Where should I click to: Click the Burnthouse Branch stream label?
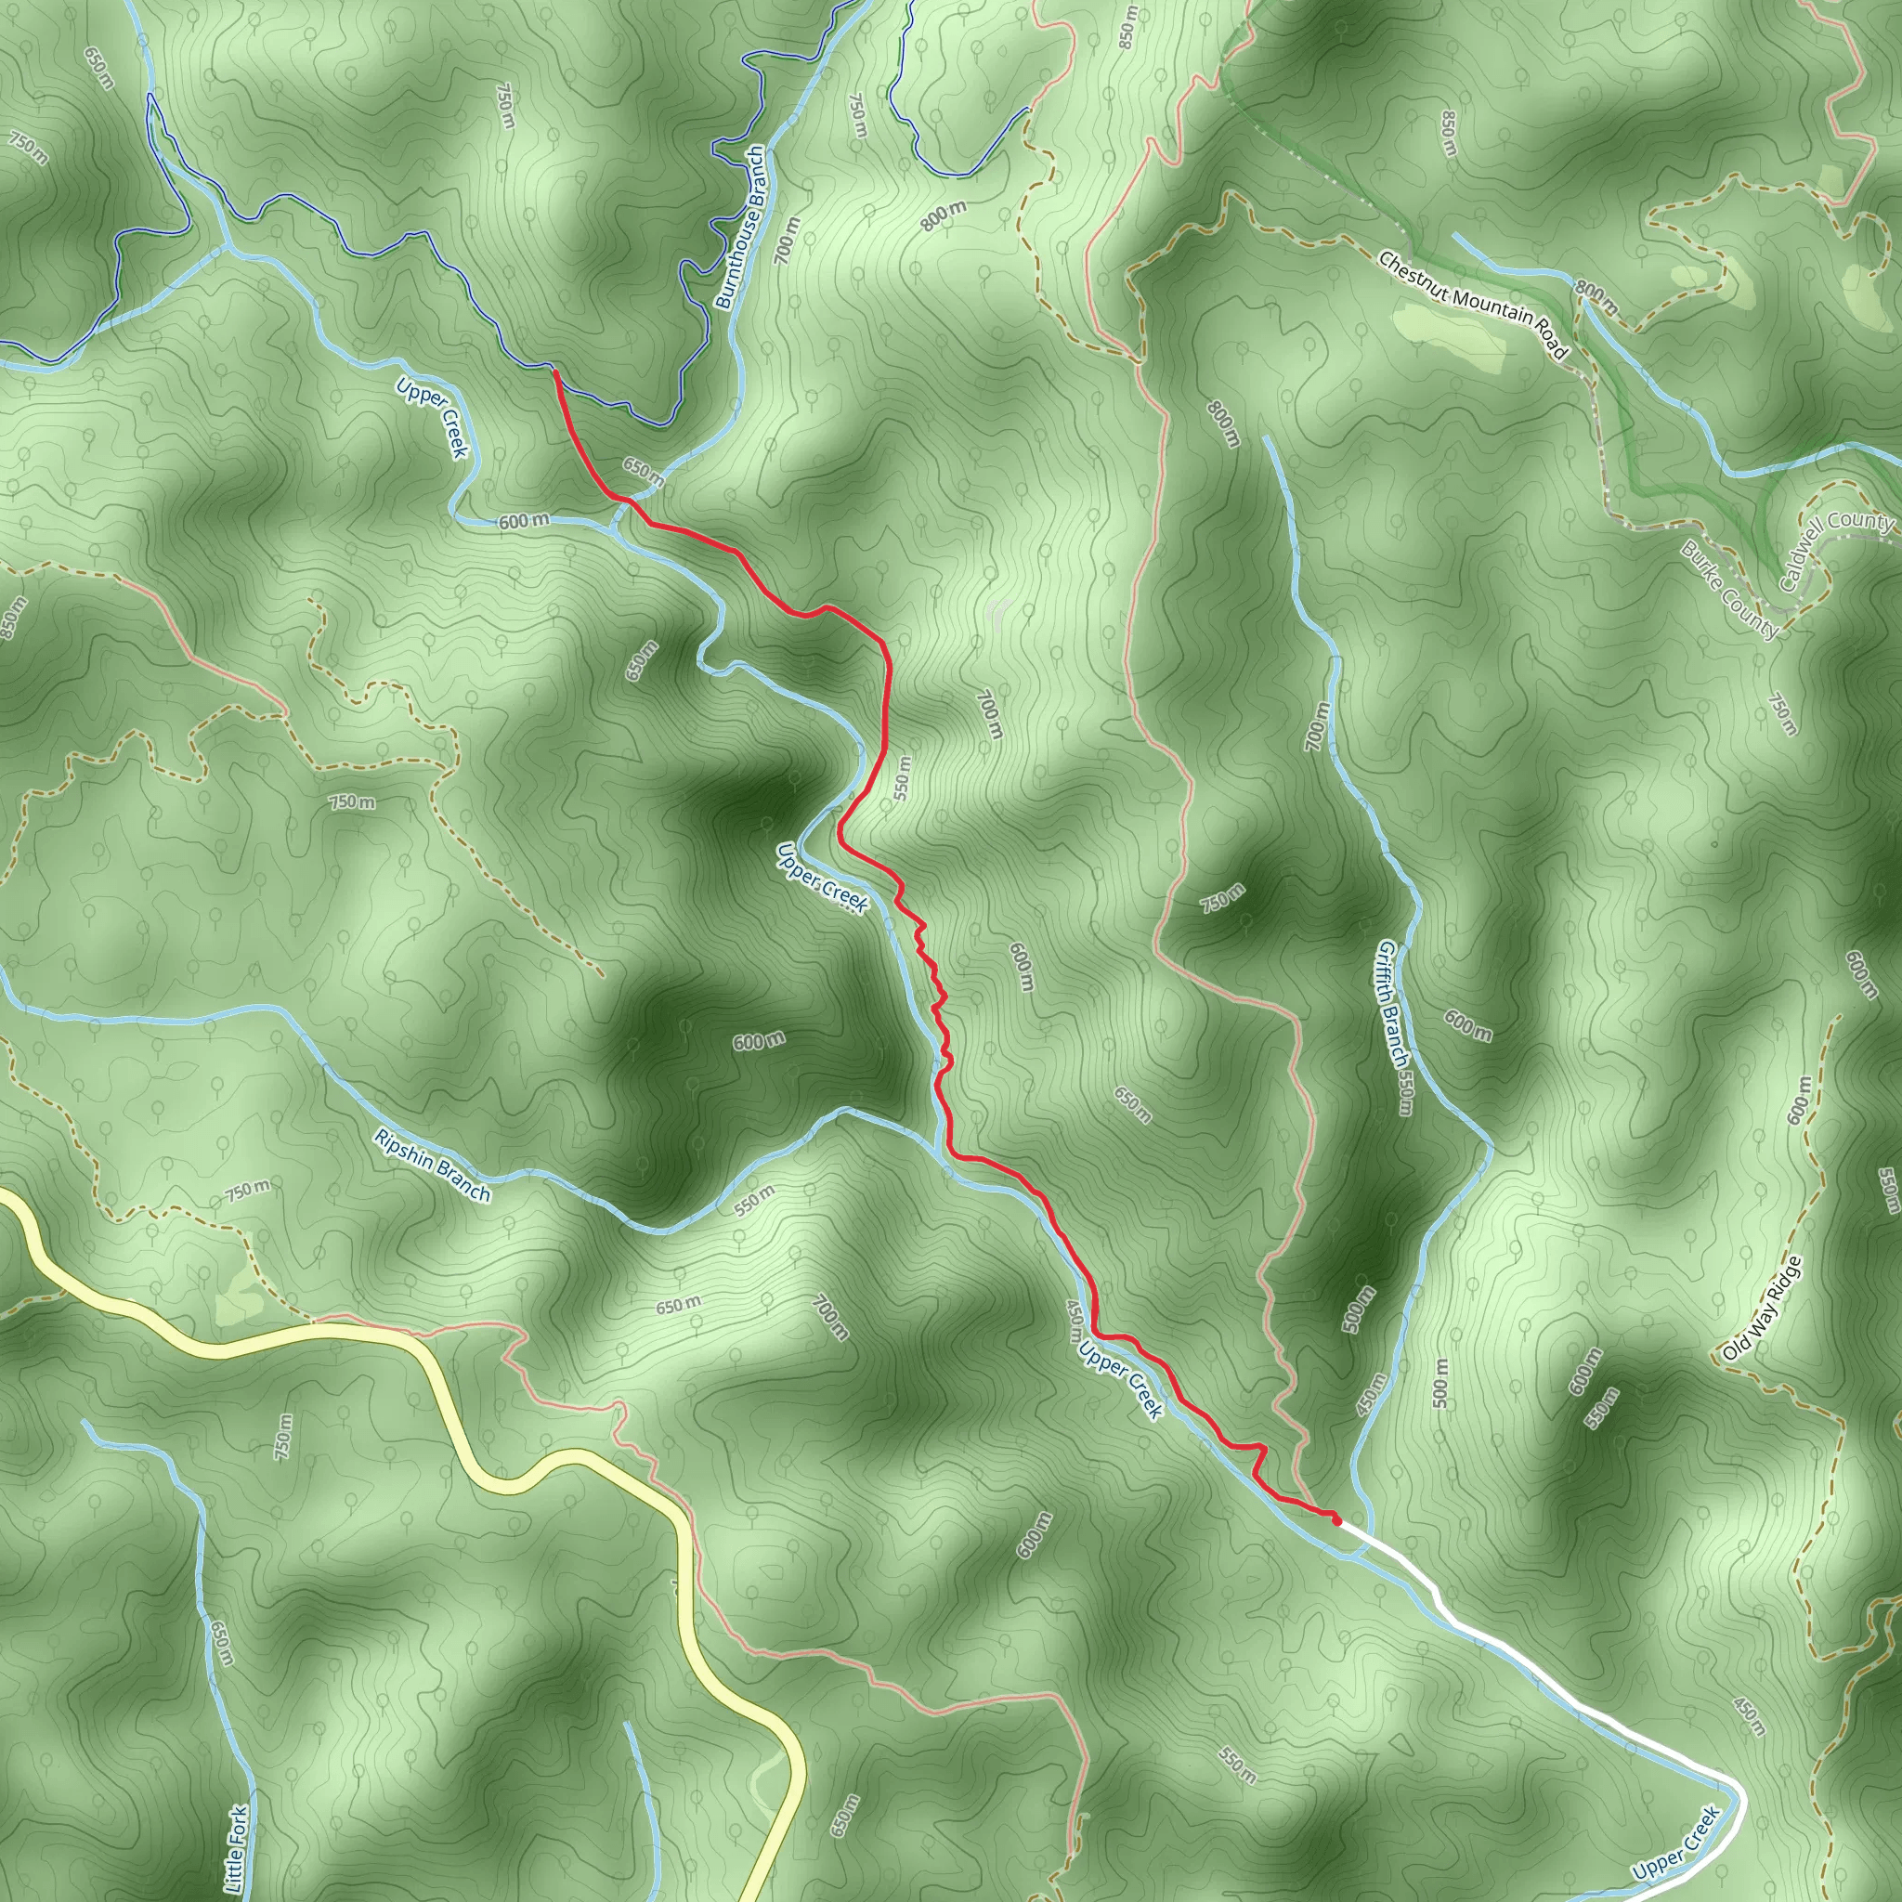coord(739,228)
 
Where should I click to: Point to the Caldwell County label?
coord(1835,551)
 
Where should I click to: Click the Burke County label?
coord(1728,589)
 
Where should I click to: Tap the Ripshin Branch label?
coord(431,1166)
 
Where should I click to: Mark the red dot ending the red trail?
coord(1335,1521)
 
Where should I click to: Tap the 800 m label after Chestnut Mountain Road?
coord(1595,298)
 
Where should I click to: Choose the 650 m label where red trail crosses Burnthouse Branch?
coord(643,471)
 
